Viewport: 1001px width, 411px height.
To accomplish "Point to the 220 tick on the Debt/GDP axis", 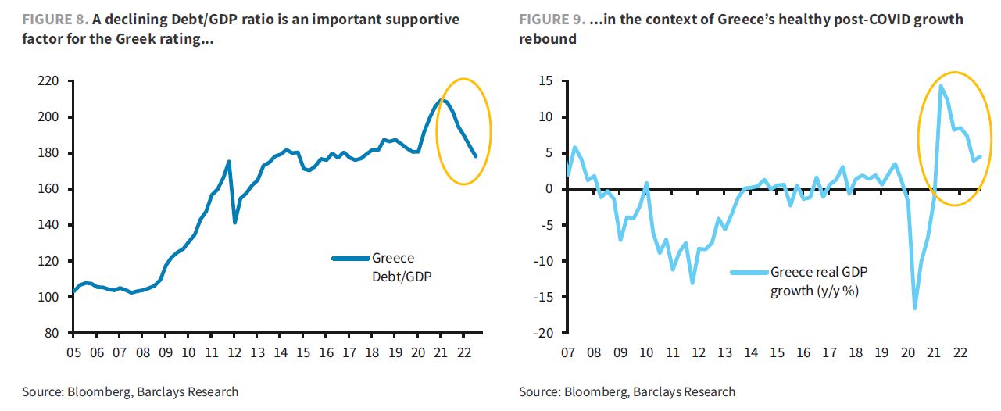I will point(49,81).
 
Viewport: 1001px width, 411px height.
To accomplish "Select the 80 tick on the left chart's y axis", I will point(52,333).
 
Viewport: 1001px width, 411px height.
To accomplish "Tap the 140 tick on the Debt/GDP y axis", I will point(49,225).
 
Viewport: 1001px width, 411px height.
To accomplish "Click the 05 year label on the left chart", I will point(73,352).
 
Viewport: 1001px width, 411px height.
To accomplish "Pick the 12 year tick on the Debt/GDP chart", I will point(234,352).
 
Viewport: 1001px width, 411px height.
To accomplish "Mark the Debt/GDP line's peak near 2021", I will point(442,100).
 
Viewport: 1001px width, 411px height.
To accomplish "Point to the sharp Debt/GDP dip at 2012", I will point(235,223).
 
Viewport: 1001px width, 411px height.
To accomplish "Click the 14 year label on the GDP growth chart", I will point(750,352).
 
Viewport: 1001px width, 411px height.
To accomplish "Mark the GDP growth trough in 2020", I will point(914,309).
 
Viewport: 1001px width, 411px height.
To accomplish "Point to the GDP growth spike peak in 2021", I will point(941,86).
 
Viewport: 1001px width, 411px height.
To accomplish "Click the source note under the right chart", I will point(627,391).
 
